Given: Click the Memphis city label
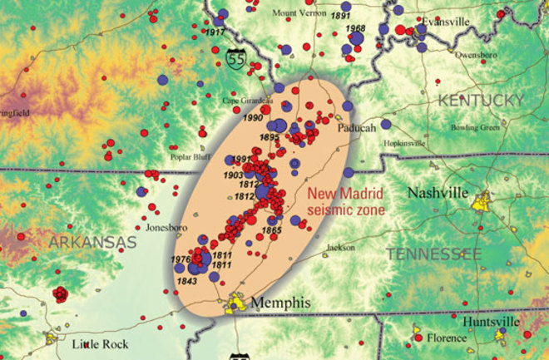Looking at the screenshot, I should (x=281, y=303).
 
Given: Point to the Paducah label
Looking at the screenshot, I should (x=357, y=128).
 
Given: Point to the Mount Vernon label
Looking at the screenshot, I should (x=297, y=12).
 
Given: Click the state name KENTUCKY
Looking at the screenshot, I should (x=481, y=101).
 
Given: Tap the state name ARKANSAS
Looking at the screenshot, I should (x=91, y=242).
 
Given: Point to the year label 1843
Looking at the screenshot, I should (x=186, y=283).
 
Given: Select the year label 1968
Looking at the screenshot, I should (x=355, y=29).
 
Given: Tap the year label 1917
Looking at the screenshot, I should (x=215, y=32).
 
